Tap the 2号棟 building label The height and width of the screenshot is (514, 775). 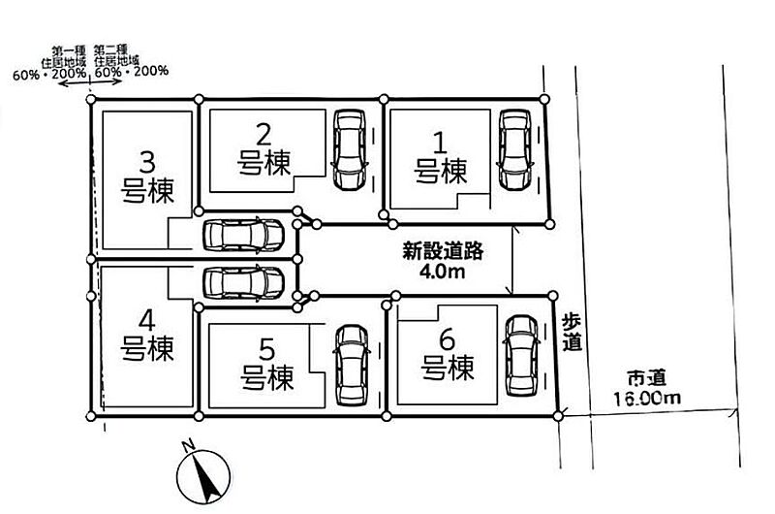pyautogui.click(x=263, y=149)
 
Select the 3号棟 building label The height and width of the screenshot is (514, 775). pyautogui.click(x=147, y=177)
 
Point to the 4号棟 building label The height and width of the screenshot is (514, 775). pyautogui.click(x=147, y=335)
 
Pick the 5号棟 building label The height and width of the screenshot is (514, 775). pyautogui.click(x=267, y=364)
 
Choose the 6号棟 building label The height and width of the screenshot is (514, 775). pyautogui.click(x=448, y=354)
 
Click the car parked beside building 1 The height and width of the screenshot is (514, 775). pyautogui.click(x=515, y=149)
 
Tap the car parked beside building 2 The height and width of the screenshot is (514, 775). pyautogui.click(x=350, y=149)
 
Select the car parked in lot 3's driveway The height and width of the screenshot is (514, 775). pyautogui.click(x=244, y=235)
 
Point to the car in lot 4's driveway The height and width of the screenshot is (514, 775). pyautogui.click(x=244, y=282)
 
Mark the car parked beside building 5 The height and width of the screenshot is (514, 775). pyautogui.click(x=352, y=365)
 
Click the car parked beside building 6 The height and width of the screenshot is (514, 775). pyautogui.click(x=521, y=355)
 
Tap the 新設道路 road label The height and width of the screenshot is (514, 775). pyautogui.click(x=443, y=251)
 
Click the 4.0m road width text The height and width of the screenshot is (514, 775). pyautogui.click(x=443, y=272)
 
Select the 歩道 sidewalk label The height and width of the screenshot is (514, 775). pyautogui.click(x=572, y=332)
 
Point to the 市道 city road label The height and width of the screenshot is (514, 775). pyautogui.click(x=647, y=378)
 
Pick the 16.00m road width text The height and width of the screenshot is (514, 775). pyautogui.click(x=647, y=398)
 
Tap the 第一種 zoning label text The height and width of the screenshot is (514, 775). pyautogui.click(x=69, y=50)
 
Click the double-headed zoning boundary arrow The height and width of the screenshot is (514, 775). pyautogui.click(x=90, y=81)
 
